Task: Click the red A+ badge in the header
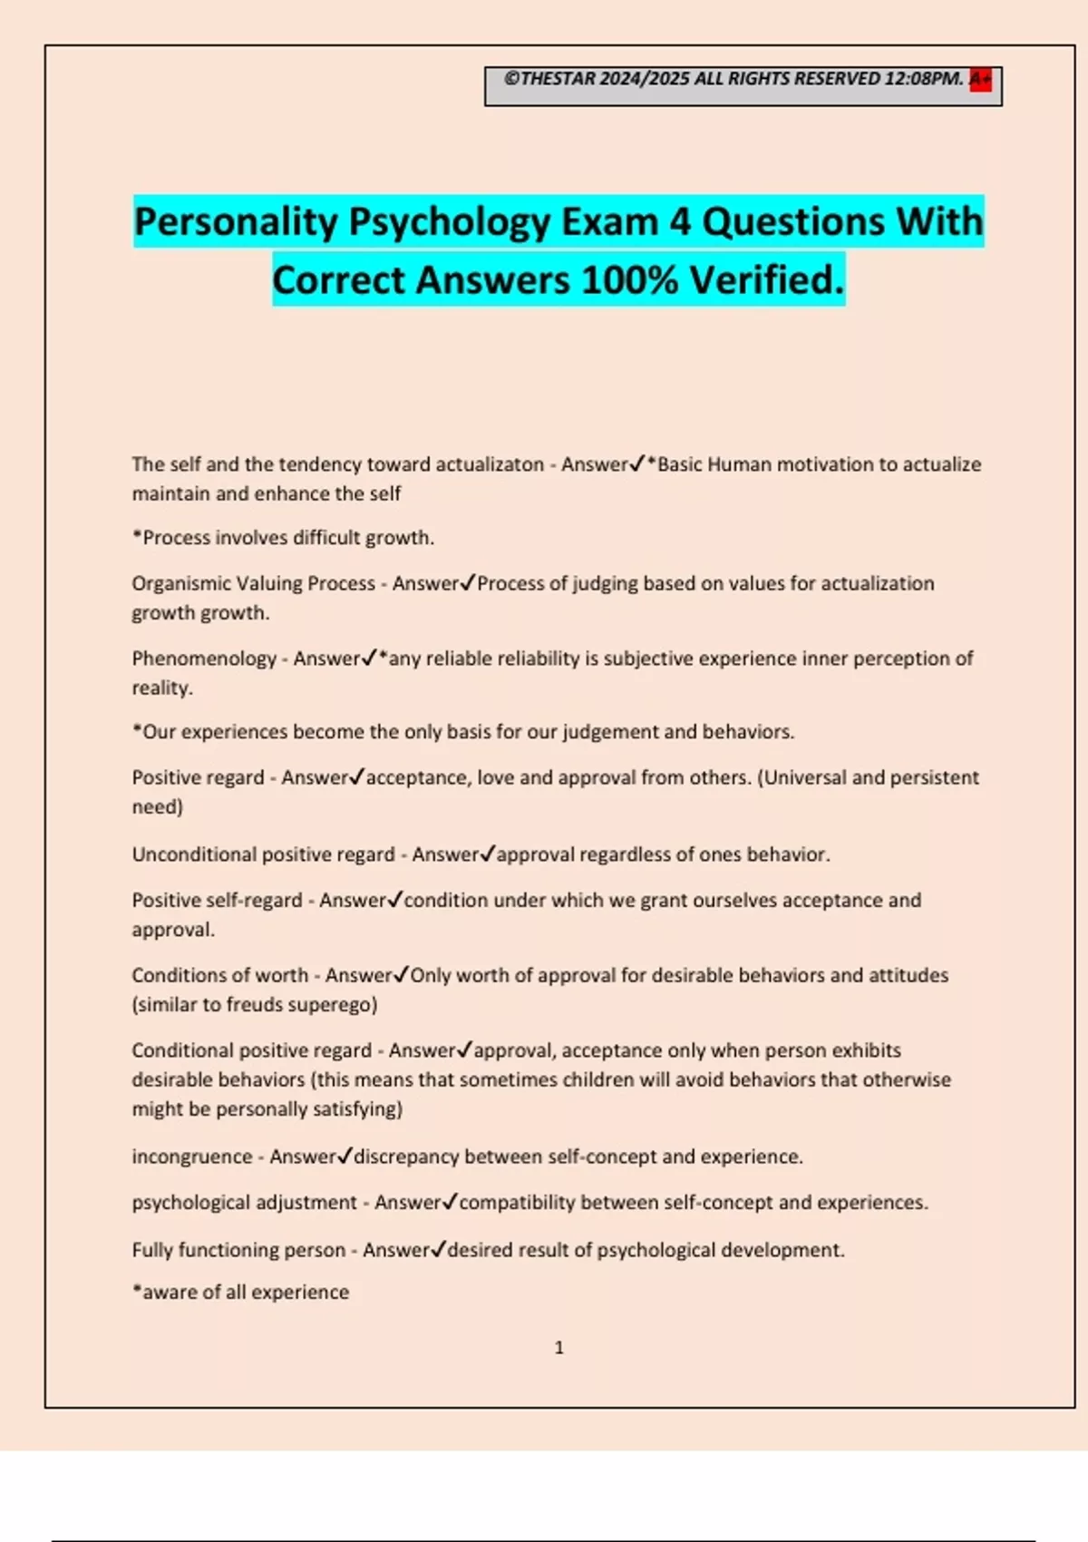(980, 79)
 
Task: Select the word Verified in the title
(767, 279)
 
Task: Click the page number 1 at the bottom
(559, 1348)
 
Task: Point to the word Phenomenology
(204, 659)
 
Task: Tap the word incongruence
(191, 1156)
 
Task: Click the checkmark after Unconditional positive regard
(488, 854)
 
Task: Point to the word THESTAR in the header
(559, 79)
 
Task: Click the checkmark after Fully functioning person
(438, 1249)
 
